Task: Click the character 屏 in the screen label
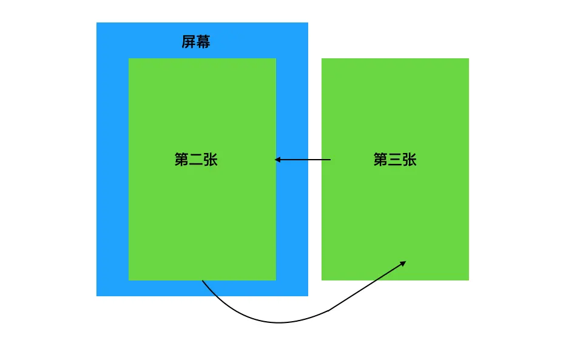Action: pos(189,42)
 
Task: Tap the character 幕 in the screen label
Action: pos(203,42)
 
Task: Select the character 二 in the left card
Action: pos(196,160)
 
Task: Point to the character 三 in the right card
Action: pos(395,160)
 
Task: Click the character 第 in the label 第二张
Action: pos(181,160)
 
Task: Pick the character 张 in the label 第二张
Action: pos(211,160)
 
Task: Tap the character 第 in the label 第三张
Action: pos(380,160)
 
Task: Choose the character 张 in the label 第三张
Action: pos(410,160)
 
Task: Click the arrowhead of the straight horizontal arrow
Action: pos(277,160)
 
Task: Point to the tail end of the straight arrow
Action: pos(331,160)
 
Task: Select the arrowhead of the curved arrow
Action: pos(404,262)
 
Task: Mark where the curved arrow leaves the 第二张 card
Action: pos(202,280)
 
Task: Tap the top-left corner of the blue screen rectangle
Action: pos(96,22)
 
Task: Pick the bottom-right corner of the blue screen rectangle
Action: pos(308,296)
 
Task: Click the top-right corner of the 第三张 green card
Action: pos(469,58)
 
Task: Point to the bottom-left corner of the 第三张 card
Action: pos(322,280)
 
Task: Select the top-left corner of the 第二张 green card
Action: pos(129,58)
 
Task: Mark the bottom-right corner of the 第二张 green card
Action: pos(276,280)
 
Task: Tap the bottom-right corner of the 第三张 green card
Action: pos(469,280)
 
